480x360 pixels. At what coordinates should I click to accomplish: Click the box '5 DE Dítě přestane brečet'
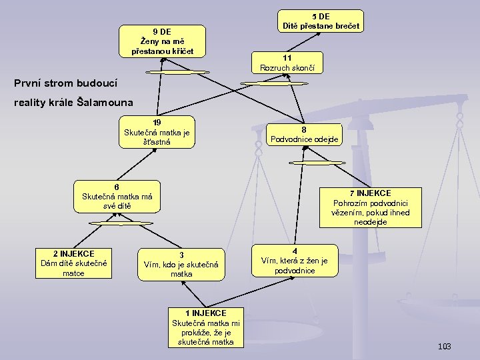click(x=321, y=21)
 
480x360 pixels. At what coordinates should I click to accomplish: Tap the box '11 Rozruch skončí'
click(x=287, y=63)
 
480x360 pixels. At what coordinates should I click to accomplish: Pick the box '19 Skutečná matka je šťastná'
click(x=157, y=132)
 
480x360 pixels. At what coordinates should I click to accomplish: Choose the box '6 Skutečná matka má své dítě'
click(x=117, y=196)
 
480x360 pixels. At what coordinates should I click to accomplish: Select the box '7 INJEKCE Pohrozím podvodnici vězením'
click(x=370, y=207)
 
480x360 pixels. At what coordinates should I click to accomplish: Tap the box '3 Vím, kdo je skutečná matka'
click(x=181, y=264)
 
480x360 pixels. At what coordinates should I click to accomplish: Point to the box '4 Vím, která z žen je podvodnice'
click(x=294, y=261)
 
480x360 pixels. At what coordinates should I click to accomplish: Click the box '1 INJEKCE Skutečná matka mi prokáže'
click(x=206, y=327)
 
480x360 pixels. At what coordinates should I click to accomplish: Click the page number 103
click(x=445, y=346)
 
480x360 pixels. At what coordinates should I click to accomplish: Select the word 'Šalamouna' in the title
click(x=105, y=103)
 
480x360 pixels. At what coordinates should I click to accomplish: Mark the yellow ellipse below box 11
click(x=265, y=83)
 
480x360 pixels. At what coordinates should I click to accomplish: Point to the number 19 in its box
click(x=157, y=123)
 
